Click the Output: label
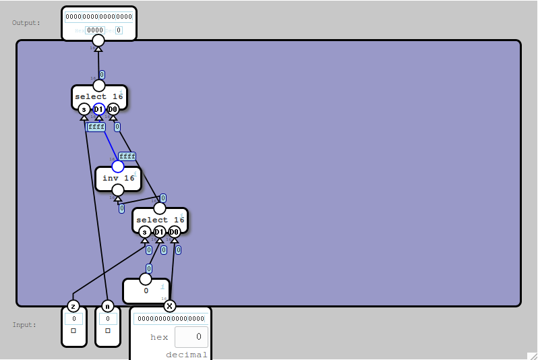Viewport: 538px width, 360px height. click(x=26, y=23)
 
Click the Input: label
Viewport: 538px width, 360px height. click(x=24, y=325)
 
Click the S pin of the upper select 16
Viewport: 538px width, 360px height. click(x=84, y=109)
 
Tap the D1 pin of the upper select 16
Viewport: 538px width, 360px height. click(x=98, y=109)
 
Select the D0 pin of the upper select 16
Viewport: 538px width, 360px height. click(x=113, y=109)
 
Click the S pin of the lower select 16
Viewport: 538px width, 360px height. click(x=144, y=232)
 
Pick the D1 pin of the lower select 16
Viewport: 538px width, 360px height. click(x=160, y=232)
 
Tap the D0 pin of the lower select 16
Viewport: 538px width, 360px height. click(x=174, y=232)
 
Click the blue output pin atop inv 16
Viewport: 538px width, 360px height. click(x=118, y=167)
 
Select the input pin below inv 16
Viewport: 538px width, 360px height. click(x=118, y=190)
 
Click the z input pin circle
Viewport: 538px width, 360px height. click(x=73, y=306)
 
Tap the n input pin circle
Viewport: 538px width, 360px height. click(x=107, y=306)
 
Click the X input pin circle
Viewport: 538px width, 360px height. click(x=169, y=306)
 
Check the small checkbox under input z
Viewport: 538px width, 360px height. click(x=73, y=331)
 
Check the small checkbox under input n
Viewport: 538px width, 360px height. click(x=107, y=331)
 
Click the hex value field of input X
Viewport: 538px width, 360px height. click(x=191, y=336)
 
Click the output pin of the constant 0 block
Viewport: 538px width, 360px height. click(x=146, y=279)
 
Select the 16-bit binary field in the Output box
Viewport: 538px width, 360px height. click(x=98, y=17)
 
